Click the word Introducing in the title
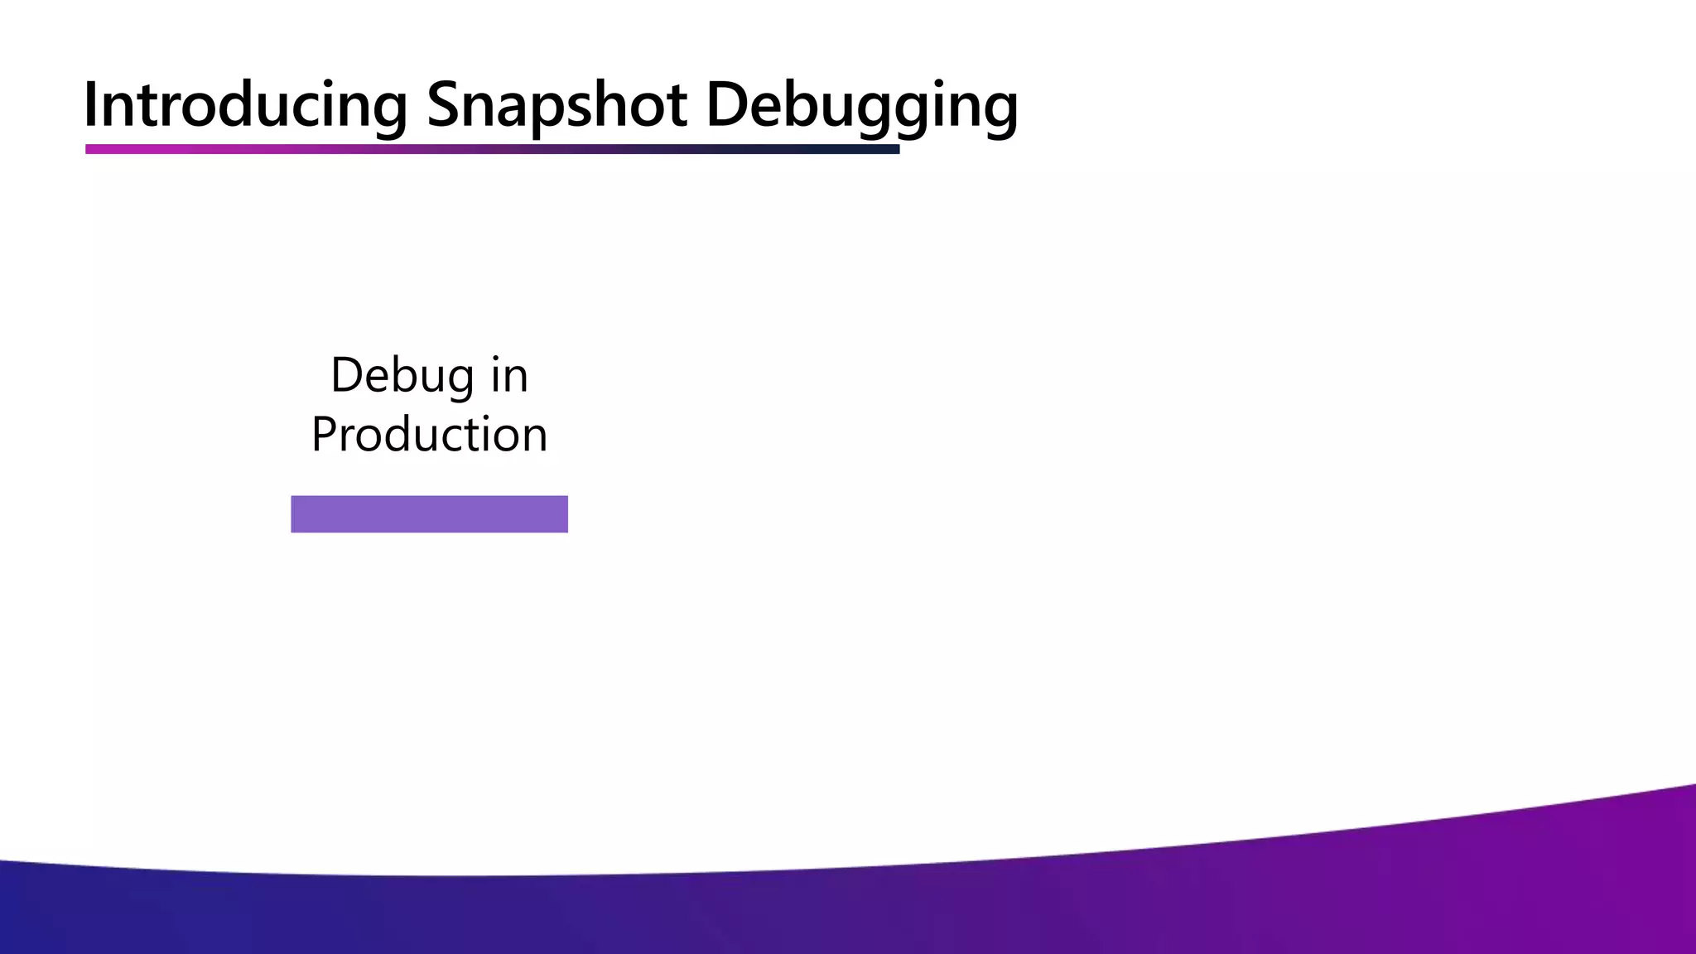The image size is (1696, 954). (x=245, y=106)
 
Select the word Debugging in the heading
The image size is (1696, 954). (x=861, y=106)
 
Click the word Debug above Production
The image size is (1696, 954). (x=402, y=377)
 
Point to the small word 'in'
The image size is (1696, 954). (x=509, y=377)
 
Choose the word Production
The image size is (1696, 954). (x=429, y=435)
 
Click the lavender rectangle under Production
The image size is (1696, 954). (x=429, y=513)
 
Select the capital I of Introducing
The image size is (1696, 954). (x=91, y=106)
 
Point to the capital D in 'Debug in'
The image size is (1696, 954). (x=346, y=377)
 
